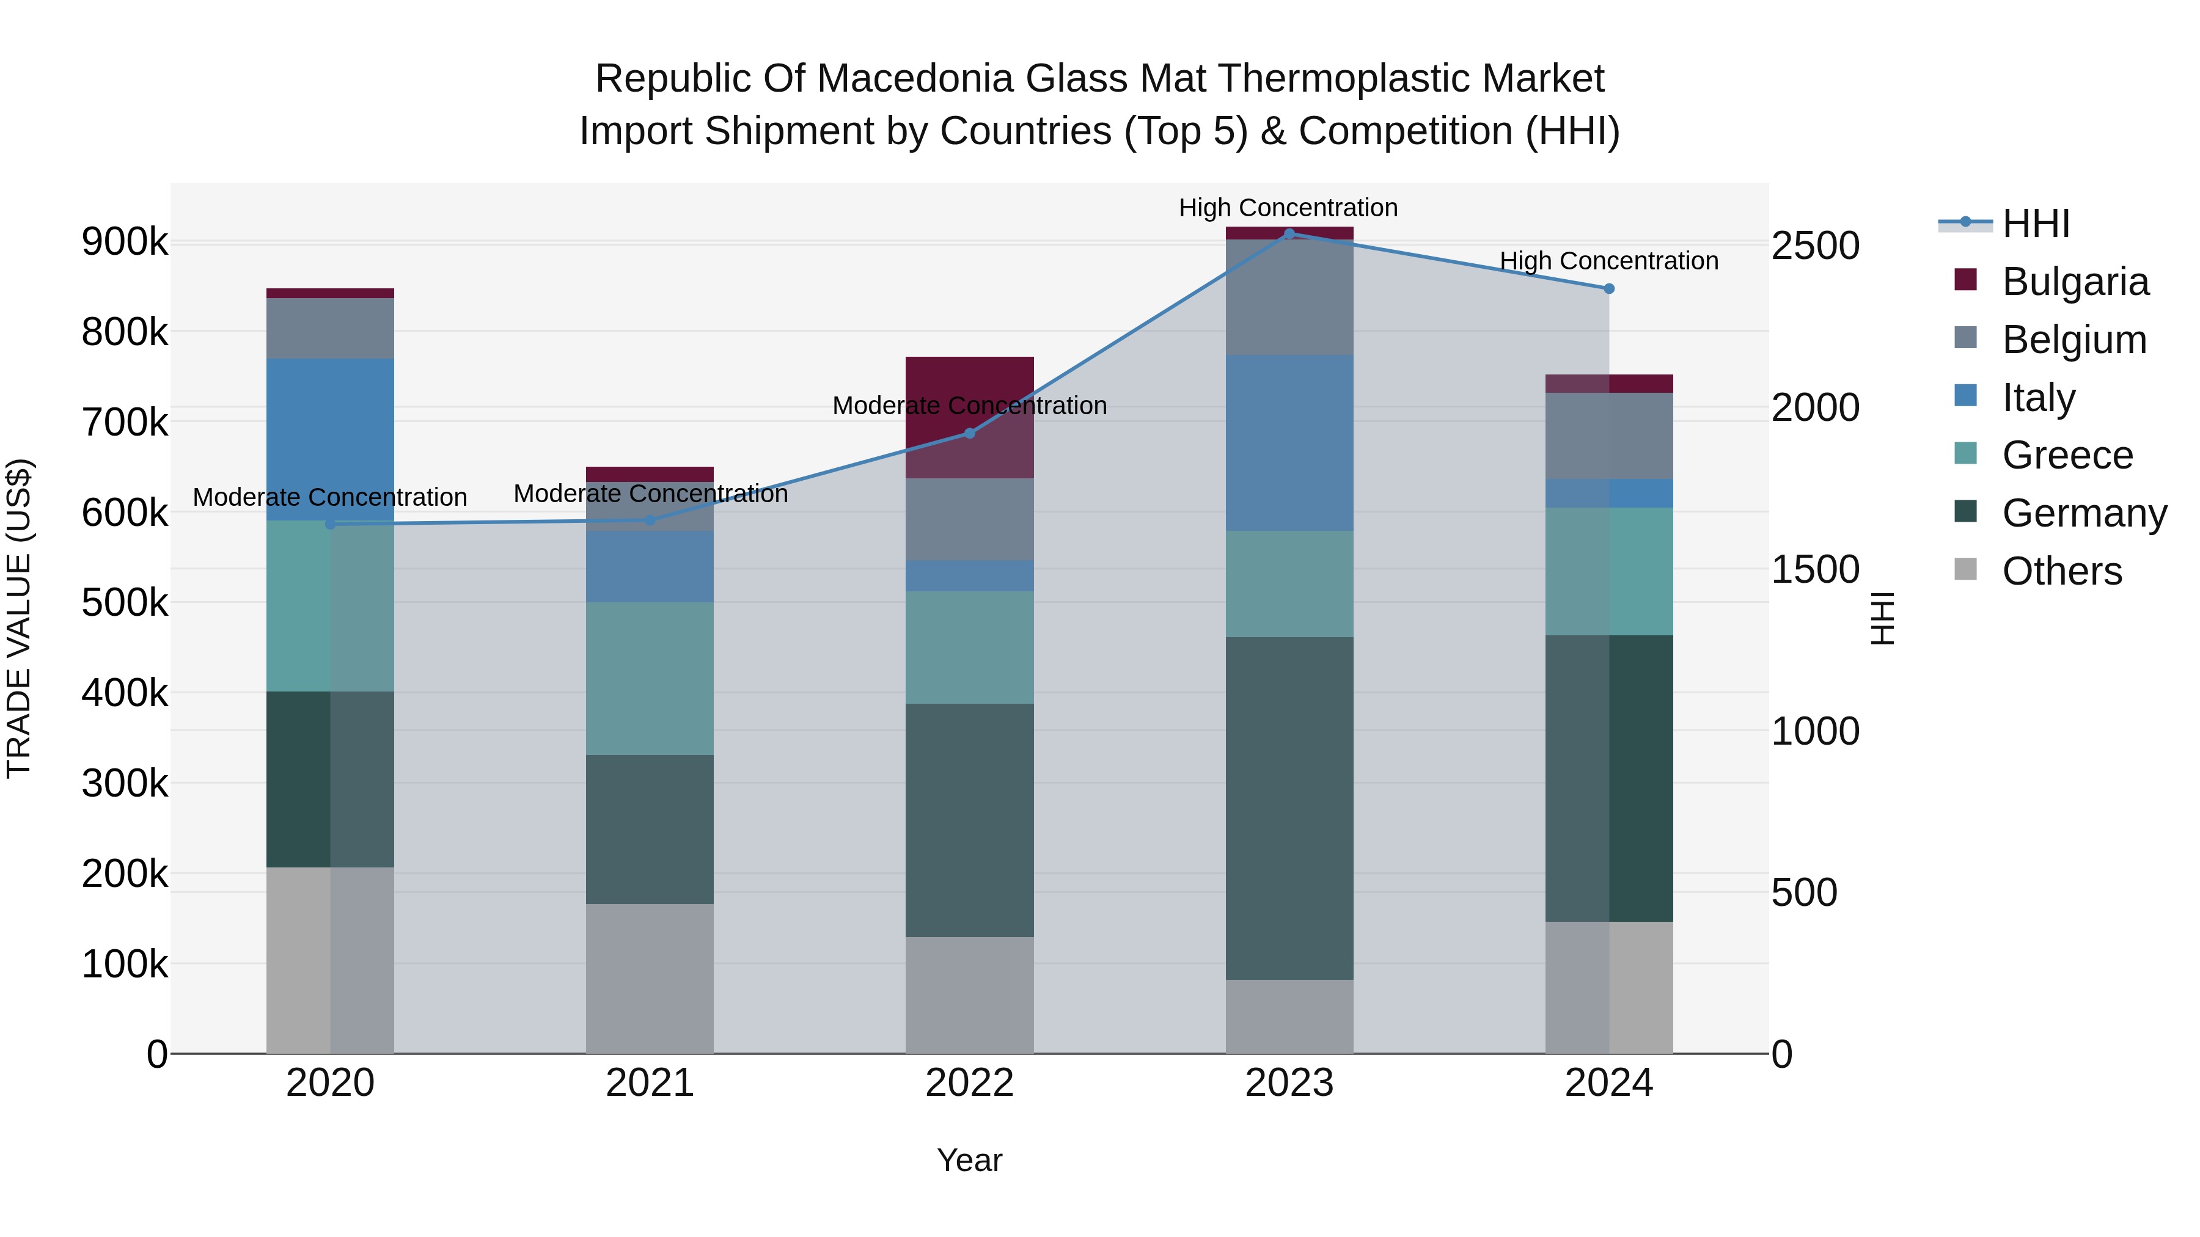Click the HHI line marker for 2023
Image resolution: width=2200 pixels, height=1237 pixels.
pos(1289,233)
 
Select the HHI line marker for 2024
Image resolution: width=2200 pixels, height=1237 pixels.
pos(1609,288)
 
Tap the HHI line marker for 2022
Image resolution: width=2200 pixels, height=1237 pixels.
pos(969,434)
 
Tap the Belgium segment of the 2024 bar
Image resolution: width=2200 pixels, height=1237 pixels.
pos(1609,436)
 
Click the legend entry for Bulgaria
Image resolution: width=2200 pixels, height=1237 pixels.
pos(2075,282)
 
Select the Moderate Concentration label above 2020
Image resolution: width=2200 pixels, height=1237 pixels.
pos(329,497)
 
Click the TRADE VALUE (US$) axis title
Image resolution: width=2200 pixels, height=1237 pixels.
pos(19,618)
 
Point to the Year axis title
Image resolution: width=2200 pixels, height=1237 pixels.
pos(969,1160)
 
